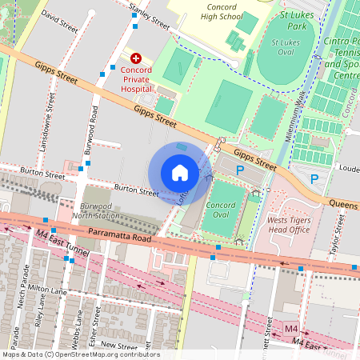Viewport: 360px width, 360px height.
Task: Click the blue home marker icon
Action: [x=180, y=173]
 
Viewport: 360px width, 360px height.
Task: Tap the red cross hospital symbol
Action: [x=136, y=58]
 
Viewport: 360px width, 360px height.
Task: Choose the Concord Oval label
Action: [x=221, y=210]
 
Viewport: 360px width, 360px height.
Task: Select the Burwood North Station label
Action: [x=100, y=210]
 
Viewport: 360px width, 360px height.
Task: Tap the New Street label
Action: [x=119, y=345]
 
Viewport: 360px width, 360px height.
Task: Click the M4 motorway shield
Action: [x=291, y=329]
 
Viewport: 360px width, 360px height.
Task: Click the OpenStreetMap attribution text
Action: [x=80, y=354]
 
